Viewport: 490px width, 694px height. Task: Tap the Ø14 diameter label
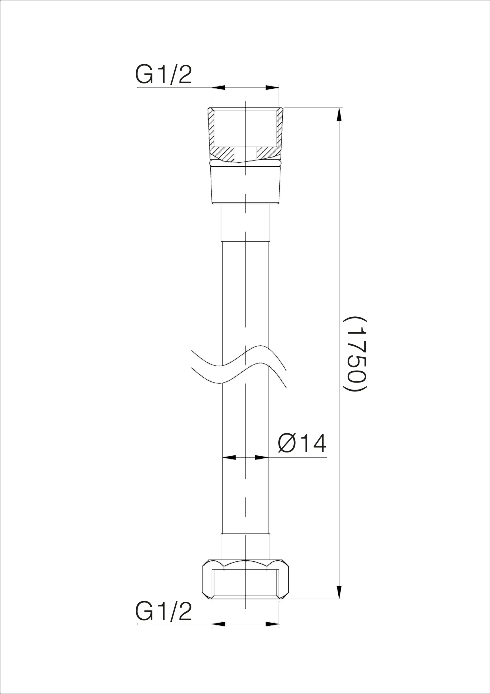302,443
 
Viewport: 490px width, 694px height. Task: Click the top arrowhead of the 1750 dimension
339,115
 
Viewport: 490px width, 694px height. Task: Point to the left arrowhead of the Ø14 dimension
229,457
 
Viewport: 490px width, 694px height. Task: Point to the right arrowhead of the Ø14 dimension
262,457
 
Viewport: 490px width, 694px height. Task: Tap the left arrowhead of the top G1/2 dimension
218,88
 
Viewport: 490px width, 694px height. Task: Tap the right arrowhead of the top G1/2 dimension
272,88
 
